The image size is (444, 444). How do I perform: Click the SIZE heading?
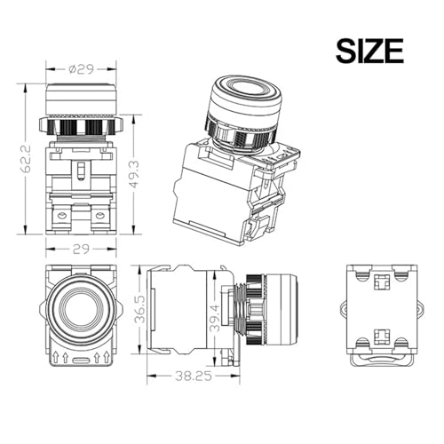pyautogui.click(x=369, y=51)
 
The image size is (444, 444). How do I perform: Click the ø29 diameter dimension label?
pyautogui.click(x=81, y=69)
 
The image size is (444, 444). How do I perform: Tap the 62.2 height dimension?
pyautogui.click(x=26, y=159)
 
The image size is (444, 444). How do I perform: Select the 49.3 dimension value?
pyautogui.click(x=134, y=174)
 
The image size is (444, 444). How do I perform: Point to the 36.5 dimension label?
pyautogui.click(x=139, y=309)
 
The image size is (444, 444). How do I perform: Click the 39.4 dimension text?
pyautogui.click(x=216, y=318)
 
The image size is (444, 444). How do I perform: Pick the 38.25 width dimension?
pyautogui.click(x=194, y=377)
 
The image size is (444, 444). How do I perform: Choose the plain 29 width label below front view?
pyautogui.click(x=81, y=250)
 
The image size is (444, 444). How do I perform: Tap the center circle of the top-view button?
pyautogui.click(x=78, y=310)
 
